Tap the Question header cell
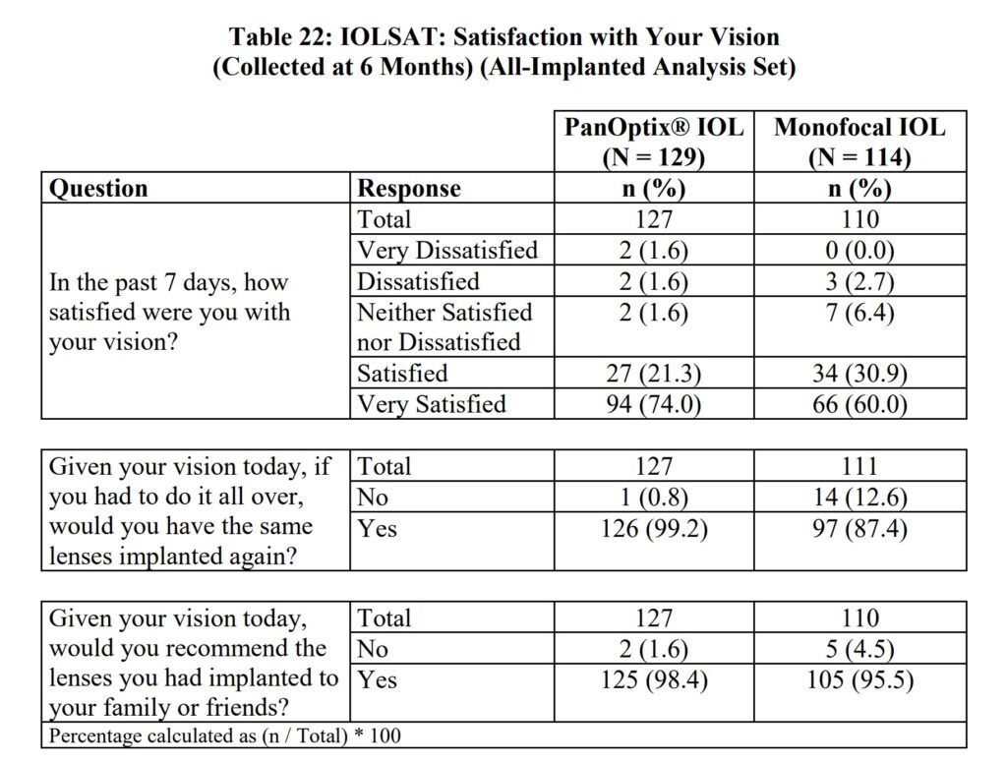(98, 188)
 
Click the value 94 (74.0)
(653, 404)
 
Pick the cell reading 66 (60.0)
(859, 404)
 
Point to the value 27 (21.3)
(653, 374)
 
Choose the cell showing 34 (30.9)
(859, 374)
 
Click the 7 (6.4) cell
(859, 313)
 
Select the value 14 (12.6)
(859, 498)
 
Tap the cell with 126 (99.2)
(653, 529)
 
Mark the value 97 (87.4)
(859, 529)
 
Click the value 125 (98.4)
(653, 679)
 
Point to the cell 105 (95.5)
(859, 679)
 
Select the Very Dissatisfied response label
(446, 251)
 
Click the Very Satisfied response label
(431, 404)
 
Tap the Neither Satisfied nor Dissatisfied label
(444, 327)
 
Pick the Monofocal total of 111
(859, 467)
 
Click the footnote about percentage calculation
(225, 735)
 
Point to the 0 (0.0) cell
(859, 251)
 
